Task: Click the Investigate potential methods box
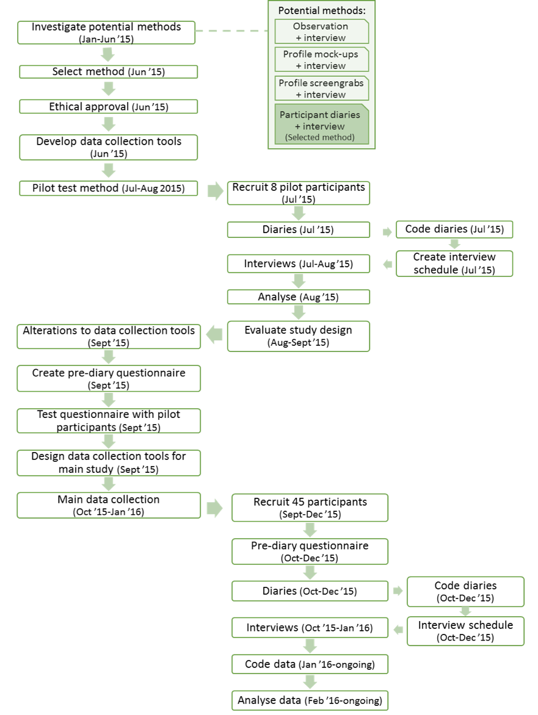click(106, 32)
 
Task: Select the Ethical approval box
click(109, 107)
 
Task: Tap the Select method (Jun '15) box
click(109, 71)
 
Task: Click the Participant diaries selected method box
click(322, 124)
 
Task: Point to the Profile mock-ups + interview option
click(322, 60)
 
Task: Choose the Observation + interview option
click(322, 32)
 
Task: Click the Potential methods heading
click(322, 10)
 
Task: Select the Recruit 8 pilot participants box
click(299, 193)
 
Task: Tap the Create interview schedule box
click(454, 264)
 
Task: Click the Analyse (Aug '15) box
click(299, 297)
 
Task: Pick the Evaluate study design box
click(299, 337)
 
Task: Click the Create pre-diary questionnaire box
click(109, 378)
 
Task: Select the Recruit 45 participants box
click(310, 508)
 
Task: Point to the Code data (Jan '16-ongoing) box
click(310, 664)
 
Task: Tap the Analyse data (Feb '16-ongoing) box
click(310, 700)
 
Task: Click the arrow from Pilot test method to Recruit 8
click(215, 191)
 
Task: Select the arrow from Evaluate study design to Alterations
click(214, 335)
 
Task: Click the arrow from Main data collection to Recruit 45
click(214, 508)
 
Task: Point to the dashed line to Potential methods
click(231, 31)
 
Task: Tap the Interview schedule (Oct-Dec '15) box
click(465, 631)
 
